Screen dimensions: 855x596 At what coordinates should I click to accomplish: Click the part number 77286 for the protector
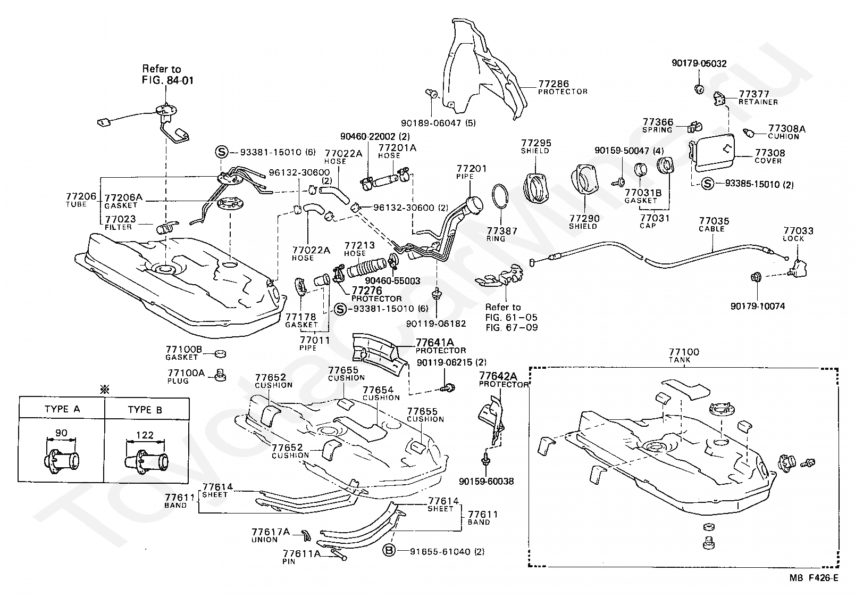pos(554,84)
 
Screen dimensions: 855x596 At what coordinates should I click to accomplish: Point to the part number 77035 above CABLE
pos(714,221)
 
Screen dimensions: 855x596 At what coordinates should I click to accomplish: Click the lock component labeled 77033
pos(798,268)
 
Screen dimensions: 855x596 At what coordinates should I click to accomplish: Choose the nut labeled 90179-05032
pos(699,89)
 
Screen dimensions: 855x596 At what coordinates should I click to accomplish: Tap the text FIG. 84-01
pos(167,80)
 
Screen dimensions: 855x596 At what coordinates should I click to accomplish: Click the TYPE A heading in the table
pos(62,409)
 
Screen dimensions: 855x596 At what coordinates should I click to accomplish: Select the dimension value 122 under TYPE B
pos(145,435)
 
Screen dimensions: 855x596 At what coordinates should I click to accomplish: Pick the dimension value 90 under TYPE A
pos(61,433)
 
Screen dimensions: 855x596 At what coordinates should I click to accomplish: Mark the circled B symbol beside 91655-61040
pos(389,551)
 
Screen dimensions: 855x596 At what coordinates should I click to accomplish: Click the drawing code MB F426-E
pos(814,578)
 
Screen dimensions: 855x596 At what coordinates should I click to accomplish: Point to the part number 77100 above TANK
pos(684,352)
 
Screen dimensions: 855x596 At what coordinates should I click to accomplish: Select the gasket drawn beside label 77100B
pos(220,354)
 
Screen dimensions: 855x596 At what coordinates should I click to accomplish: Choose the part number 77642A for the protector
pos(498,376)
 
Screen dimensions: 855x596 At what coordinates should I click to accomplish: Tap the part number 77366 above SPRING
pos(658,122)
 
